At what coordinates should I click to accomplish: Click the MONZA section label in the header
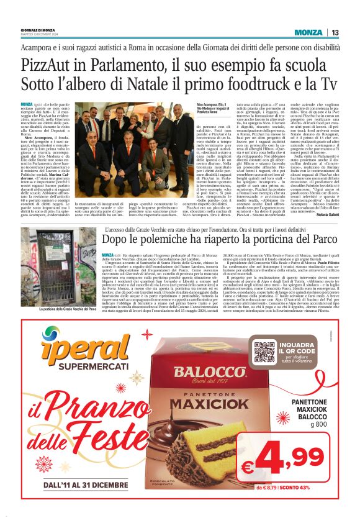tap(308, 32)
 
